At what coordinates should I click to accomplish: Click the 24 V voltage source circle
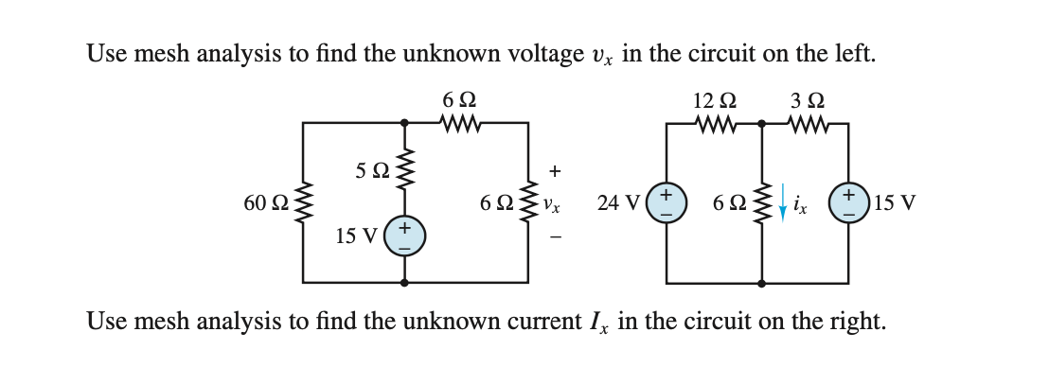click(667, 203)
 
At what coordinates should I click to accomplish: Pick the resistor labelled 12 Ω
click(714, 124)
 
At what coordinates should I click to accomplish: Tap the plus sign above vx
click(556, 171)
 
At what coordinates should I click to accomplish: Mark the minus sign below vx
click(556, 236)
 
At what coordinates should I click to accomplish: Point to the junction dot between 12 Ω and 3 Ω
click(762, 124)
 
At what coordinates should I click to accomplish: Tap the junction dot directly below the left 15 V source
click(405, 282)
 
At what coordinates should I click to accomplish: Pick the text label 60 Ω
click(266, 203)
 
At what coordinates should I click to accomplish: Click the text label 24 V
click(620, 202)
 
